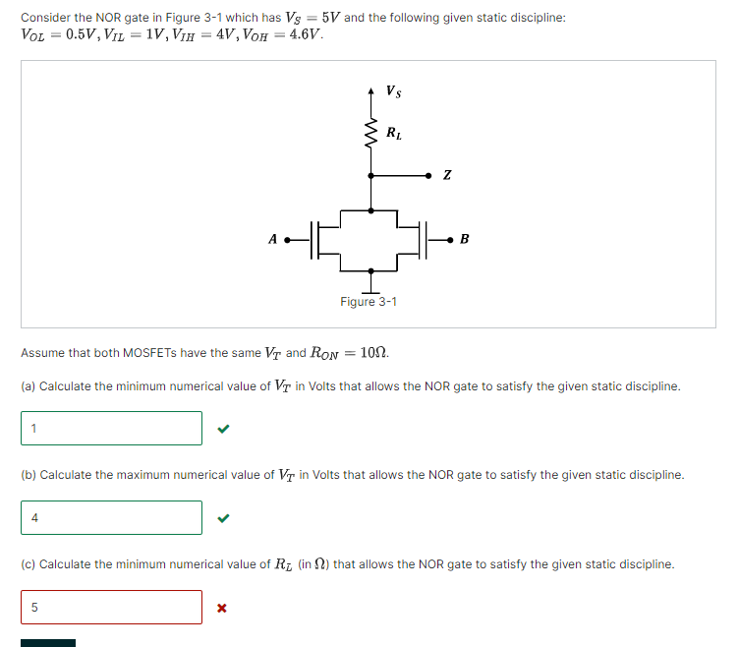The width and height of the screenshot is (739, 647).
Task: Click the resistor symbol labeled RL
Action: coord(370,132)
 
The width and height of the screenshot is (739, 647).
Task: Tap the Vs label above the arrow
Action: coord(393,92)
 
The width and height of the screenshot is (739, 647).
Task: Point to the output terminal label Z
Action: coord(447,176)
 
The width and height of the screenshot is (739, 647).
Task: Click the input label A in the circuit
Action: coord(272,238)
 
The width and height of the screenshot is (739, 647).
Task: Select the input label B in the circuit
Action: coord(465,238)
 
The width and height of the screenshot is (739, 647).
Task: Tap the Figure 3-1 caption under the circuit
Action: coord(369,301)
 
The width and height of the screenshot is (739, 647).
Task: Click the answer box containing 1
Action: coord(111,428)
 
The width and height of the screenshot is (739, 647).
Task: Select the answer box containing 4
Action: coord(111,517)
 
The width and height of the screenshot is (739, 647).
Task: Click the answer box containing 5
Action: coord(111,607)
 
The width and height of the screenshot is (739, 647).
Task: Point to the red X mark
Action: coord(222,608)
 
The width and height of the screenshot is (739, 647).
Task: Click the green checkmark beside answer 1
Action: coord(223,429)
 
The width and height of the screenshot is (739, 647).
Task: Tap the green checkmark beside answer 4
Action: coord(223,518)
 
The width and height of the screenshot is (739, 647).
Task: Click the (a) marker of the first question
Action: coord(28,386)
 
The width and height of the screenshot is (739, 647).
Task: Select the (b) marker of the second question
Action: coord(28,475)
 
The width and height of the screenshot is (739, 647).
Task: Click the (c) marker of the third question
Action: coord(28,564)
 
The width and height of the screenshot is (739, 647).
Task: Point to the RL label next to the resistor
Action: coord(393,132)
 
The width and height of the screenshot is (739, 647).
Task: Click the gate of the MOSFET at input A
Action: coord(313,239)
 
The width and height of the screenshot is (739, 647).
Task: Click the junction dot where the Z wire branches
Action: coord(370,176)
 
